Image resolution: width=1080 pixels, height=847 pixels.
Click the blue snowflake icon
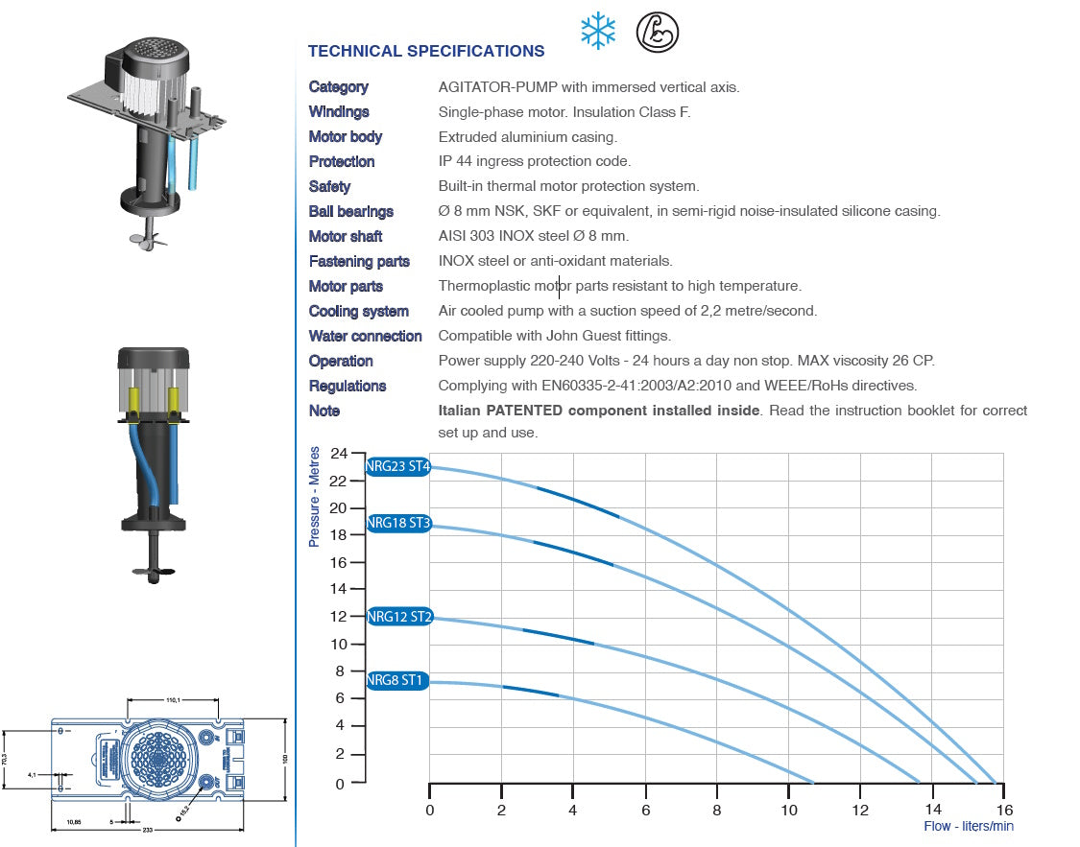point(598,32)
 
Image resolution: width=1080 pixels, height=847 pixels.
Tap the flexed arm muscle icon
point(658,32)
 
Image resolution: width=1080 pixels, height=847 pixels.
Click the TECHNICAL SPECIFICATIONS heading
point(425,52)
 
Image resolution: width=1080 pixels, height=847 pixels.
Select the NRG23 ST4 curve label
point(398,467)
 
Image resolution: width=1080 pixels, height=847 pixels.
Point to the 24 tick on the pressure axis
point(338,453)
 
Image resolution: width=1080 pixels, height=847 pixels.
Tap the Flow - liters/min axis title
point(968,826)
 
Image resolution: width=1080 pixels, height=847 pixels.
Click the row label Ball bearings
point(350,211)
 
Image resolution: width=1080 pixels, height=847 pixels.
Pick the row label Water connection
point(365,336)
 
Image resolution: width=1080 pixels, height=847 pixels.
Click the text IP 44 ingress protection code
point(534,161)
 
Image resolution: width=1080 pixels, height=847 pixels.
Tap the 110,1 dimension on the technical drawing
point(174,701)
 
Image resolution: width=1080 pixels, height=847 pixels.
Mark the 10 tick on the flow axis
point(788,810)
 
